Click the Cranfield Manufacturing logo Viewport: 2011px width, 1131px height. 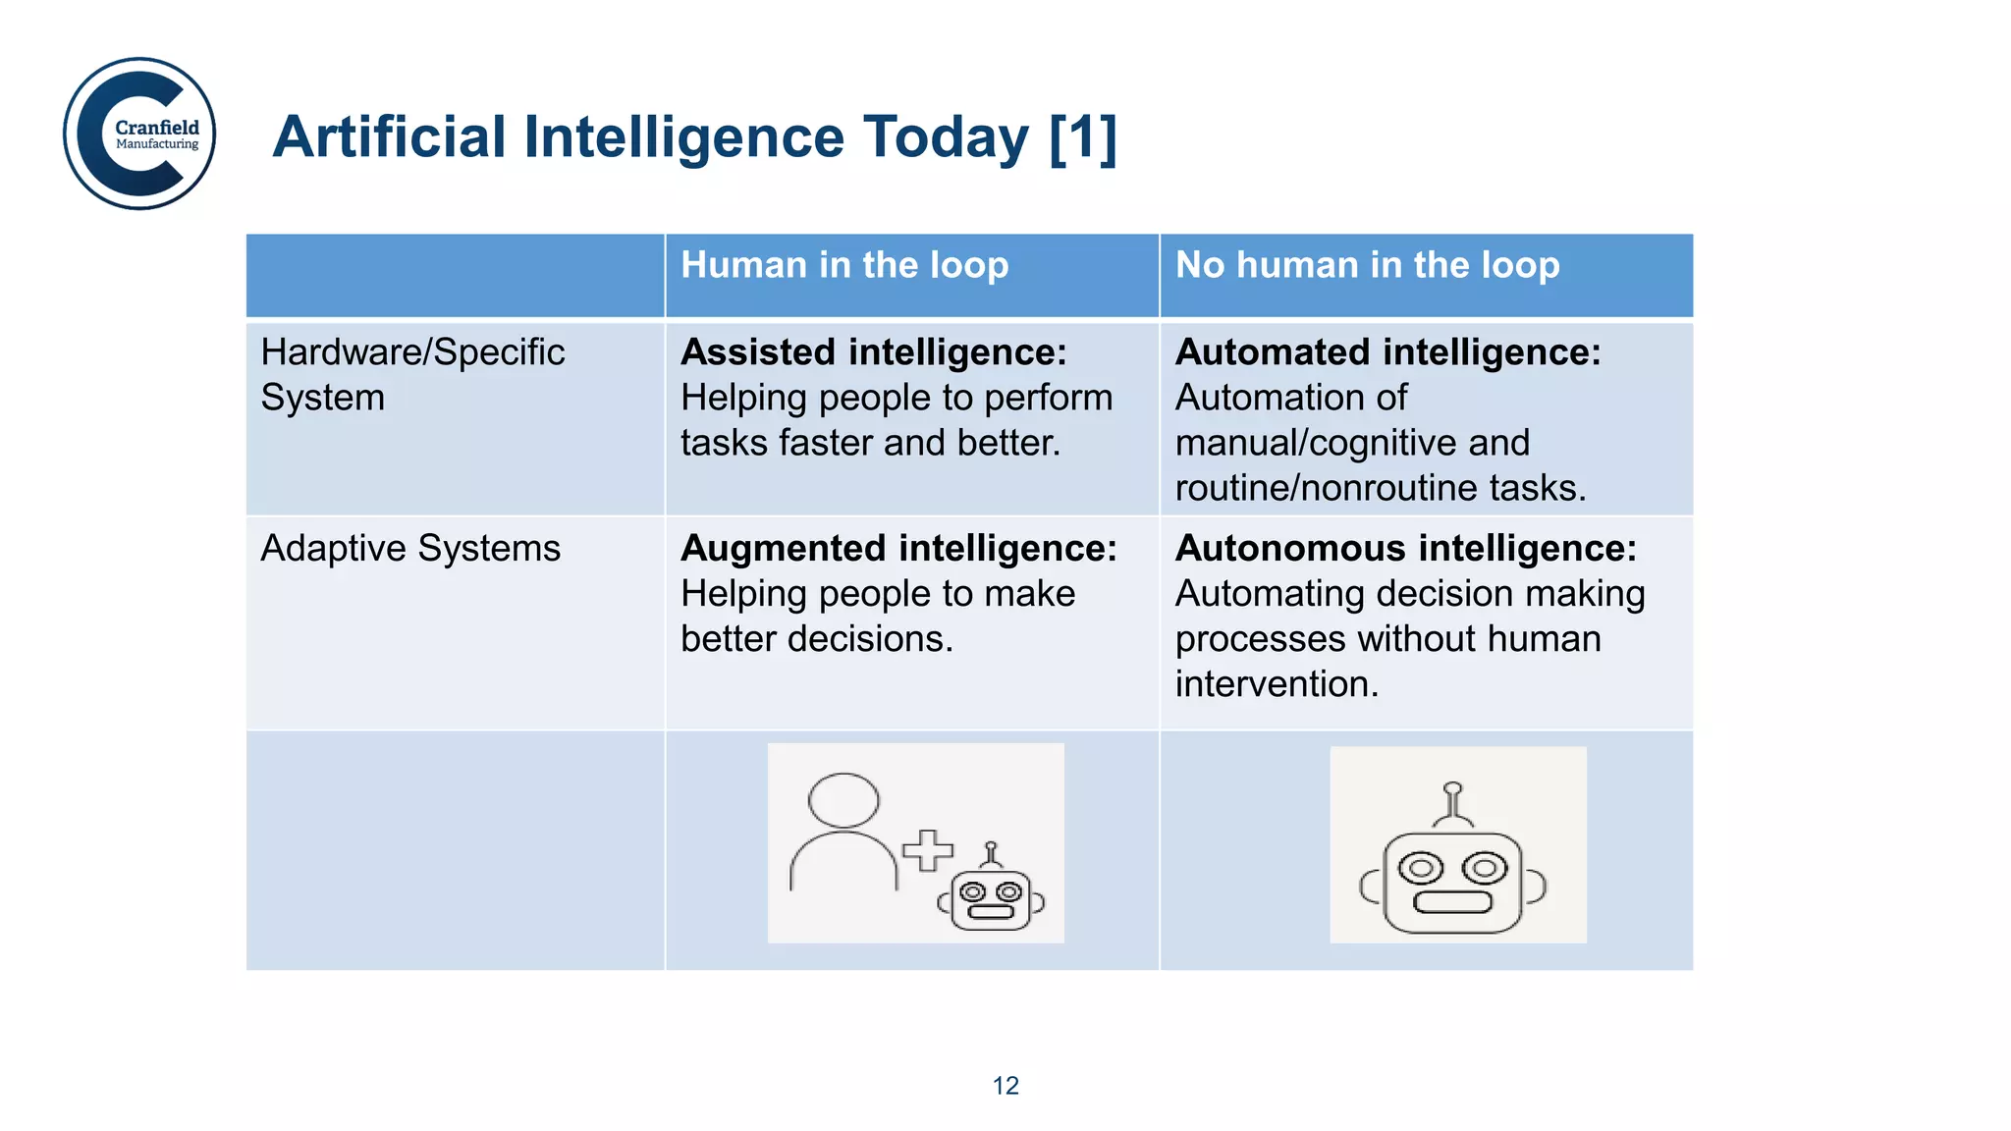(x=139, y=134)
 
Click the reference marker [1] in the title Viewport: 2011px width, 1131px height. (x=1082, y=137)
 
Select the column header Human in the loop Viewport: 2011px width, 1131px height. (x=844, y=265)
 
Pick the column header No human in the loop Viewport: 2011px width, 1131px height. (x=1367, y=265)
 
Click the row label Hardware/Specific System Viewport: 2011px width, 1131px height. (x=412, y=374)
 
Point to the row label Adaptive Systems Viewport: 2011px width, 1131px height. (x=410, y=548)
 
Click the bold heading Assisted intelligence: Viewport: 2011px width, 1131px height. (x=873, y=352)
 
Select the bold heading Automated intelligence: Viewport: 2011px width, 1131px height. (x=1387, y=352)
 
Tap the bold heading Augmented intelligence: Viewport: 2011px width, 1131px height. (x=898, y=549)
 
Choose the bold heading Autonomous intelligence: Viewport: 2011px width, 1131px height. (x=1406, y=549)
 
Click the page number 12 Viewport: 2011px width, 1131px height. (x=1005, y=1085)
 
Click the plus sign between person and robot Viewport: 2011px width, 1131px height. (x=928, y=850)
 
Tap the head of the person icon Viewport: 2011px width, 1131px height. (x=843, y=800)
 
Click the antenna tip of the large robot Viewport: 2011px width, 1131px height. (x=1453, y=787)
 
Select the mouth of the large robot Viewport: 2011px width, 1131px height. (x=1452, y=901)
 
